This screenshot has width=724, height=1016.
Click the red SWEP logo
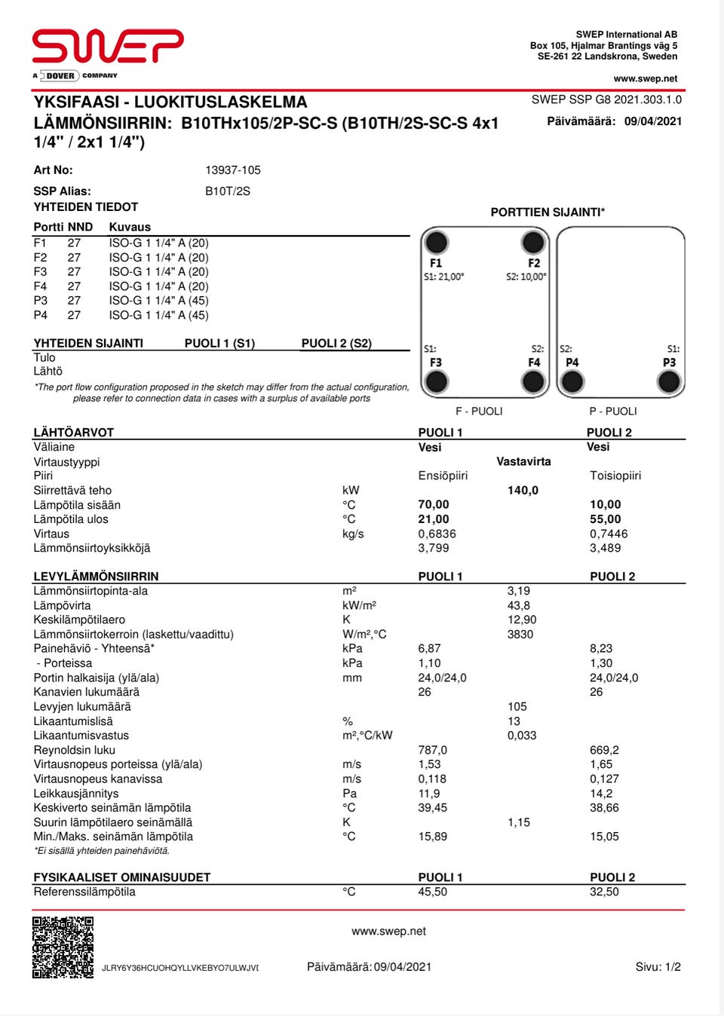tap(108, 46)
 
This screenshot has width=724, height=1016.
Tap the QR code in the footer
tap(63, 947)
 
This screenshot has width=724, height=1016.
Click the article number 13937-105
tap(233, 170)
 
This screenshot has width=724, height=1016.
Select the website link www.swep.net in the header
tap(645, 78)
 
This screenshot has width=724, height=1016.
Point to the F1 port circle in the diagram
tap(437, 243)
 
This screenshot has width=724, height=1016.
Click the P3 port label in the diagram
tap(669, 363)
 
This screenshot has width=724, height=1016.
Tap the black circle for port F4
tap(533, 382)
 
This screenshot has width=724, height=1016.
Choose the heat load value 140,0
tap(523, 490)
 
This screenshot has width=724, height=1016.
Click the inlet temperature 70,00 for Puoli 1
tap(434, 504)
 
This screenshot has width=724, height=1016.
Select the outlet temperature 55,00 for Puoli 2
tap(606, 519)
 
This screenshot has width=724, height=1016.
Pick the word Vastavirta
tap(523, 461)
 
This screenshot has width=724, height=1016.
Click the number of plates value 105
tap(517, 706)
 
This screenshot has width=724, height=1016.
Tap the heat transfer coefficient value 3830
tap(520, 634)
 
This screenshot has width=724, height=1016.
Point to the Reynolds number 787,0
tap(433, 750)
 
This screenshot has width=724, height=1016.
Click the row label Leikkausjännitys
tap(76, 793)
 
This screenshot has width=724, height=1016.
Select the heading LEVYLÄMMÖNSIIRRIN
tap(96, 576)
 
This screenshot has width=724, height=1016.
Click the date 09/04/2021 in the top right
tap(653, 121)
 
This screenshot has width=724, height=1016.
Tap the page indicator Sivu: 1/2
tap(658, 967)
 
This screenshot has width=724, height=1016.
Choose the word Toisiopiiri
tap(615, 476)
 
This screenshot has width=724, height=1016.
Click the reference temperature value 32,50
tap(604, 892)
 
